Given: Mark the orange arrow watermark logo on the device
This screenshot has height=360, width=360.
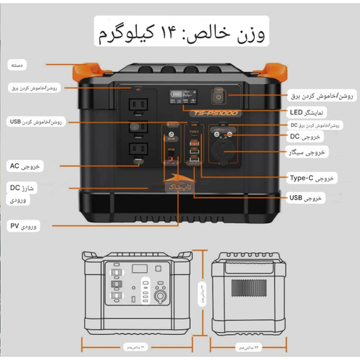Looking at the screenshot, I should (175, 187).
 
